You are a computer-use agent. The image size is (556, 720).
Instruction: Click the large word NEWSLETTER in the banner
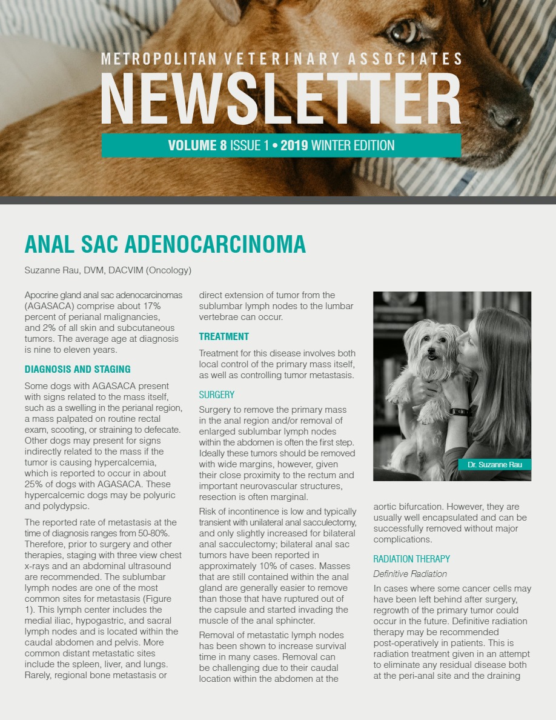point(281,99)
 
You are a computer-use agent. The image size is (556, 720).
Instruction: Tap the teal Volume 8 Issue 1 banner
point(281,145)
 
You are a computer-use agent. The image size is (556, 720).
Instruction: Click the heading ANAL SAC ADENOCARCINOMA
point(165,244)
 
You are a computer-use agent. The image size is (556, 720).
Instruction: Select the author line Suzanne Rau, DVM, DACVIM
point(108,270)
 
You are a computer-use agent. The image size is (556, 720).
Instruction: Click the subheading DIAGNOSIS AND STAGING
point(78,369)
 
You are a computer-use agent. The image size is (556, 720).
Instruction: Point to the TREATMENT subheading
point(224,336)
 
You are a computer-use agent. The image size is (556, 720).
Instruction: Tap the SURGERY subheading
point(217,395)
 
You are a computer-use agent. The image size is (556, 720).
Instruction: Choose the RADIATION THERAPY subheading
point(412,559)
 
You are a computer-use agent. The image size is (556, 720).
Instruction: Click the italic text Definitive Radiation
point(410,574)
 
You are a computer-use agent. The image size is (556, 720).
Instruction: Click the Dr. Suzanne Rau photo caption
point(495,464)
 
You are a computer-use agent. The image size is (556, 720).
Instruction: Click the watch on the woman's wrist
point(460,412)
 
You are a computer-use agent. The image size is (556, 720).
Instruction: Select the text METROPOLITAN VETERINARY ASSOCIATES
point(281,59)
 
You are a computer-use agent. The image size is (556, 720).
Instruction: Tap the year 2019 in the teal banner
point(294,145)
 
